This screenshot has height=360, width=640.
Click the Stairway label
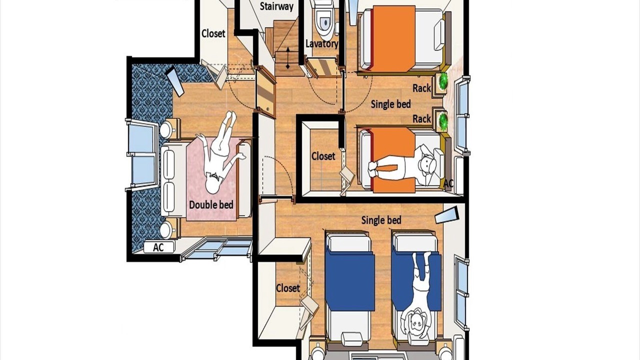(276, 6)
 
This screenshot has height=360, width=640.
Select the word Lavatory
(322, 43)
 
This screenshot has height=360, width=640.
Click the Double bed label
(211, 205)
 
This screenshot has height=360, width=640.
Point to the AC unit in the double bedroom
(159, 247)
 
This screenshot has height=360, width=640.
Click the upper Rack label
(421, 88)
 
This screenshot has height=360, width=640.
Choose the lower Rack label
(421, 118)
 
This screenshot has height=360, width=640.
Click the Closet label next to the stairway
(213, 33)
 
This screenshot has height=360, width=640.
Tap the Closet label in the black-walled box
(323, 156)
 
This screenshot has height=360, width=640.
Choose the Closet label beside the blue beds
(287, 288)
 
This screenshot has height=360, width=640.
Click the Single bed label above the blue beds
(381, 220)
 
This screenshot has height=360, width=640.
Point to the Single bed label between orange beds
(390, 104)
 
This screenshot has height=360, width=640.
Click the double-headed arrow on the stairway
(287, 58)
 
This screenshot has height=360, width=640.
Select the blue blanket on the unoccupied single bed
(351, 281)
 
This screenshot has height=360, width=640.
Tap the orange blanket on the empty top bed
(393, 39)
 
